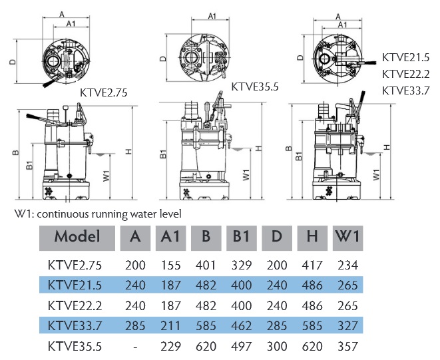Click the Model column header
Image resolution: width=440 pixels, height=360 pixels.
click(x=77, y=236)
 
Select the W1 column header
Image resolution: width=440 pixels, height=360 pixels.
click(x=349, y=236)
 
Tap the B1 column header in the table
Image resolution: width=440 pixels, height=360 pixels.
click(x=242, y=236)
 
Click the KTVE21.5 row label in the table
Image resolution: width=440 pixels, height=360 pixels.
click(x=75, y=285)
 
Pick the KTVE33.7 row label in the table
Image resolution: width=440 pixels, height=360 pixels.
click(x=75, y=326)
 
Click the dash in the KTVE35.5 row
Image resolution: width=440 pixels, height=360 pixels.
click(x=135, y=347)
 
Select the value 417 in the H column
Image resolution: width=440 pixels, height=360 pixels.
click(x=312, y=265)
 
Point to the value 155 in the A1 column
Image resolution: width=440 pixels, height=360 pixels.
click(x=170, y=265)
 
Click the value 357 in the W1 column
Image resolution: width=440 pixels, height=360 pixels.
click(x=348, y=347)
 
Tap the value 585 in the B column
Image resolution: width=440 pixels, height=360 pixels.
click(x=206, y=326)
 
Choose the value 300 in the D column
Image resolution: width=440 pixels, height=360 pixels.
click(x=277, y=347)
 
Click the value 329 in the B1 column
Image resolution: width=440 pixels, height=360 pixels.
click(x=242, y=265)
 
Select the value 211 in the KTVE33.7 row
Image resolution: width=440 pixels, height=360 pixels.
click(x=170, y=326)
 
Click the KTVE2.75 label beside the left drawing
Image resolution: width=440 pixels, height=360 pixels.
click(x=104, y=92)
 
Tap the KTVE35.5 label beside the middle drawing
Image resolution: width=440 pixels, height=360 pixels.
click(x=254, y=86)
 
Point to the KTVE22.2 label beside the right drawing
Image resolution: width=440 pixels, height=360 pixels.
click(x=406, y=73)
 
